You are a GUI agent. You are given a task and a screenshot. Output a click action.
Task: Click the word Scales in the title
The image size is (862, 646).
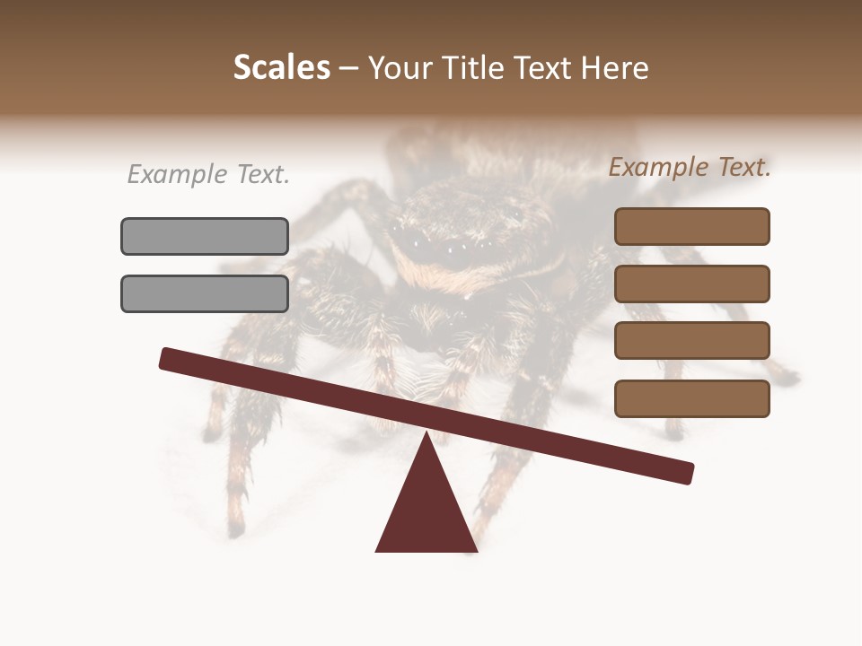coord(281,67)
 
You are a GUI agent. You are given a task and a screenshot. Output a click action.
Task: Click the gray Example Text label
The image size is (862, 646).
coord(208,175)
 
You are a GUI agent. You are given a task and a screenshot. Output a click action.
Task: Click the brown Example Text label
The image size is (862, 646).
coord(690,167)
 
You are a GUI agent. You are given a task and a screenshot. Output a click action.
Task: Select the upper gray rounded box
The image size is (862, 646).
coord(205,236)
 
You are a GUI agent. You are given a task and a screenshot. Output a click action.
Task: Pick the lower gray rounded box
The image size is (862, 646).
coord(205,293)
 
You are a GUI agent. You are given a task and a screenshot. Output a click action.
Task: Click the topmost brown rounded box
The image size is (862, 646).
coord(691,226)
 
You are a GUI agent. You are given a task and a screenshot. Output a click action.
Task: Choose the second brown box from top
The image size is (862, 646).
coord(691,284)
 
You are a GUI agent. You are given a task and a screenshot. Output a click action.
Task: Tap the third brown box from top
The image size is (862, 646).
coord(691,341)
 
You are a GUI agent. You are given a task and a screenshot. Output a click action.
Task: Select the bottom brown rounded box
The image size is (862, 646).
coord(691,398)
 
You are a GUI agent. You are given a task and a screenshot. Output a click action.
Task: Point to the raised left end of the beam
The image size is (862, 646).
coord(167,358)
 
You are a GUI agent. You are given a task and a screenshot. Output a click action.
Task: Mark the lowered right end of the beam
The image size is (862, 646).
coord(686,473)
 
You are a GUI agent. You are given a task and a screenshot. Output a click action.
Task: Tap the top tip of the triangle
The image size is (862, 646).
coord(427,435)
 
